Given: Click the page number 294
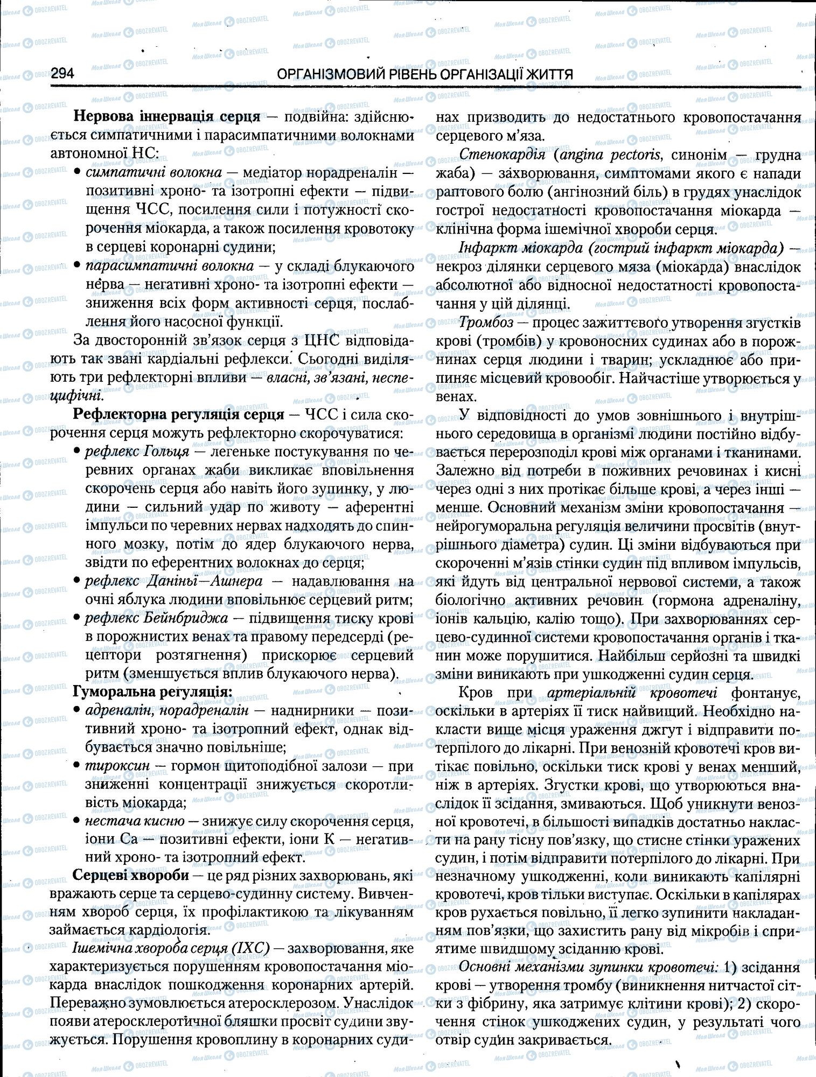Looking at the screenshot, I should pos(62,74).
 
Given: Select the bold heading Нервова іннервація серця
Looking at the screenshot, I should pos(167,116).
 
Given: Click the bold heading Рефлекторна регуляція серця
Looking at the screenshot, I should pos(178,414).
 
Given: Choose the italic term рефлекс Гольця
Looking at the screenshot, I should pos(137,451).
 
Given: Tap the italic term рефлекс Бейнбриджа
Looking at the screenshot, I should pos(157,619).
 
